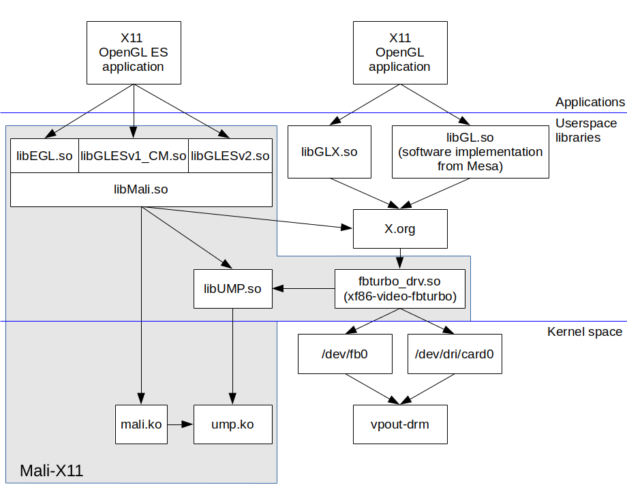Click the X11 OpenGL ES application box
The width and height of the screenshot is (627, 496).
[133, 52]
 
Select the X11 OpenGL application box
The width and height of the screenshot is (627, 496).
[399, 52]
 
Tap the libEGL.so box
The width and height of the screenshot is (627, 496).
[44, 156]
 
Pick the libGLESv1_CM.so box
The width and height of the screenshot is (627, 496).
[133, 156]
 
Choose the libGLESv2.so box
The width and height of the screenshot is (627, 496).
[230, 156]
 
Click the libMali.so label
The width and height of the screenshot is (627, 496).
[140, 189]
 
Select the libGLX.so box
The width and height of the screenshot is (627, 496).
[329, 151]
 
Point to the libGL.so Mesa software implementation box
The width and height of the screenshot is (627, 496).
[470, 151]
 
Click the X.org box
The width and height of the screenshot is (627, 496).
[399, 228]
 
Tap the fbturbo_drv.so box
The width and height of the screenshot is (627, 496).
[399, 289]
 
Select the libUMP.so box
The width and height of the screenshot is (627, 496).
[232, 289]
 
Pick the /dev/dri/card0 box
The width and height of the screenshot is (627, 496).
[455, 354]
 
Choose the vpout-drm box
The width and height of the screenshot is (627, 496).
[399, 424]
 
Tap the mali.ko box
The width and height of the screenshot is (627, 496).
[141, 424]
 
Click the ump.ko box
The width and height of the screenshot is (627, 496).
[232, 424]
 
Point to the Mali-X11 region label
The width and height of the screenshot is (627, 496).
[51, 470]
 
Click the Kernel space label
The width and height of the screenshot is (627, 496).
[584, 332]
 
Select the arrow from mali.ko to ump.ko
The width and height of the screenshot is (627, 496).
[181, 424]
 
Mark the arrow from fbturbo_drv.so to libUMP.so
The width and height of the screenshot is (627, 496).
[303, 289]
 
